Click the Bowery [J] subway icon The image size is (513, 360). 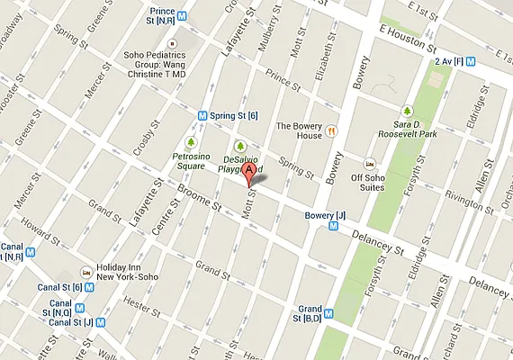334,226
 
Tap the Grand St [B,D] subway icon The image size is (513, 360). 328,315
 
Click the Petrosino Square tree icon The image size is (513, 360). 191,142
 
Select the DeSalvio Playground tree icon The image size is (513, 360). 239,146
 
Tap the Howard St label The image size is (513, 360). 43,222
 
